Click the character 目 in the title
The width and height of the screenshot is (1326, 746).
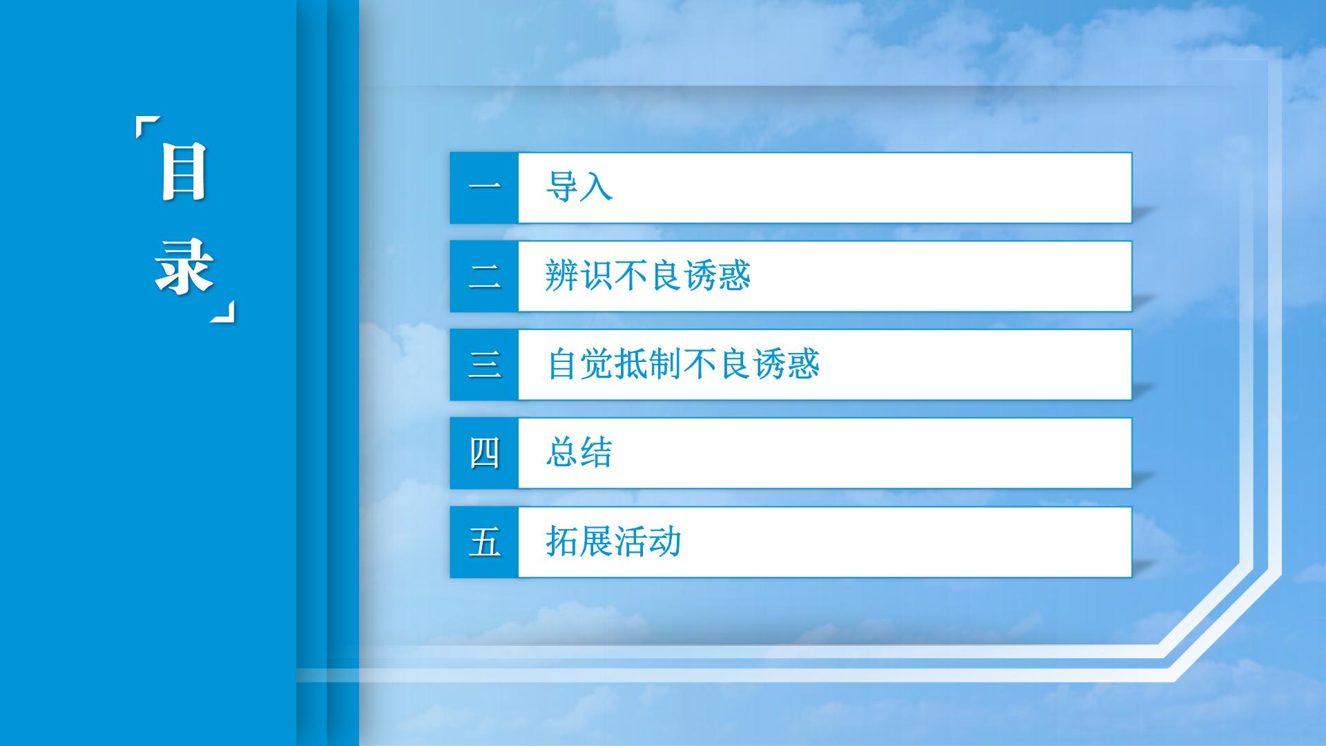(x=184, y=172)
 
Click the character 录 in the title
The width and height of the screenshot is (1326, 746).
(x=184, y=267)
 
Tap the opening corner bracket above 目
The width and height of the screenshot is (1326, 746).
(x=147, y=128)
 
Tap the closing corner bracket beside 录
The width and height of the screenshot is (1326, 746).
(x=222, y=311)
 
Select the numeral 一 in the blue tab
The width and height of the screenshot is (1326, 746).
(x=484, y=187)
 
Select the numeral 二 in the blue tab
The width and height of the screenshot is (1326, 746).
(x=484, y=276)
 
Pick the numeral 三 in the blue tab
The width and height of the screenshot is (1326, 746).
(x=484, y=365)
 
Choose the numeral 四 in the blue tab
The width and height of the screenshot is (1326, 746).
(x=484, y=453)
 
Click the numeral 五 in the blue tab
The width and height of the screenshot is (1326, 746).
(x=484, y=542)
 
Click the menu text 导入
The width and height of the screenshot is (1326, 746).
(x=579, y=186)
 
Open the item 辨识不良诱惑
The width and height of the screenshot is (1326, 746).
(x=648, y=275)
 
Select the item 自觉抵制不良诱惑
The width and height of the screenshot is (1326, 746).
(x=683, y=363)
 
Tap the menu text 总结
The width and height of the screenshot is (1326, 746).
(x=579, y=452)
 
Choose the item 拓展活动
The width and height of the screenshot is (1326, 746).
(x=613, y=541)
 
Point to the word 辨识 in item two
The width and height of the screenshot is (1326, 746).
(x=579, y=275)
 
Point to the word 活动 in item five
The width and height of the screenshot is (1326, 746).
(x=648, y=541)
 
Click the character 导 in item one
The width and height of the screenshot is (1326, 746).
(x=561, y=186)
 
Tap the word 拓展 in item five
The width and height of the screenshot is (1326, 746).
(x=579, y=541)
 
